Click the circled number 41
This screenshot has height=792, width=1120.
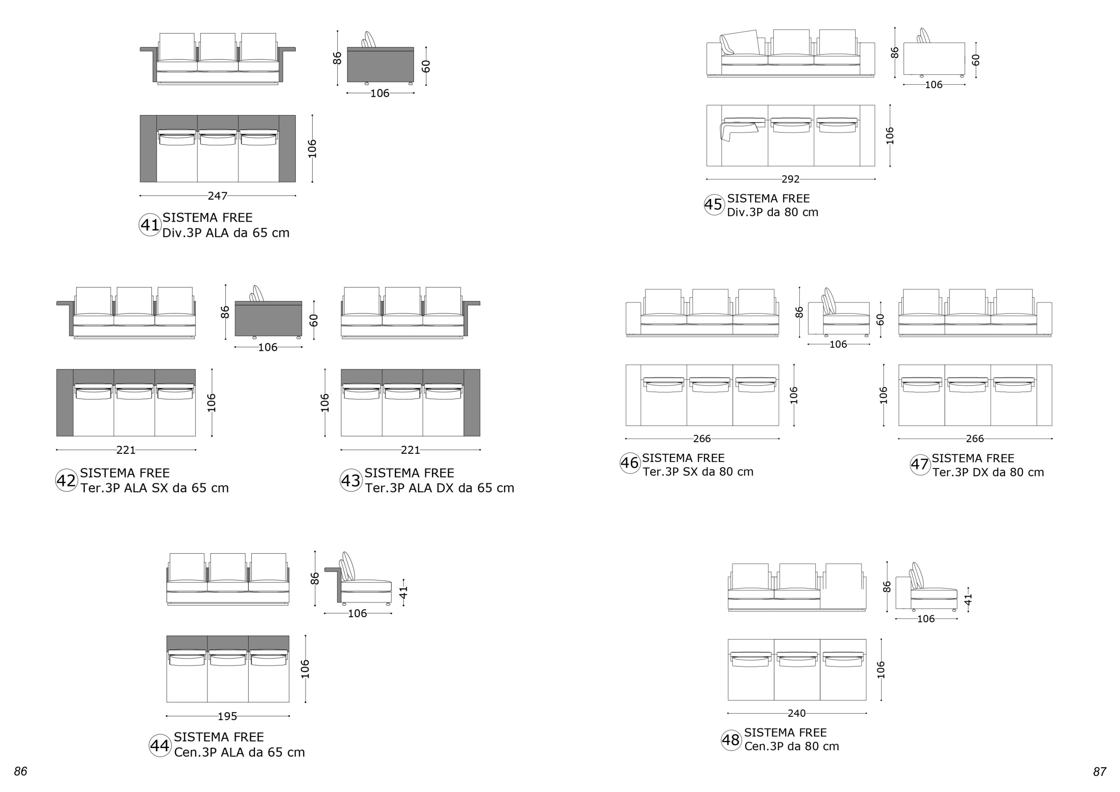coord(150,225)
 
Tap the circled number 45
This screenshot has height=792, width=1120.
coord(714,204)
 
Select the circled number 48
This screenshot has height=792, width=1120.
coord(731,740)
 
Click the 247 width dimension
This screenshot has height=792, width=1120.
coord(218,196)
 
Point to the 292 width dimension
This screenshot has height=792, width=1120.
coord(790,180)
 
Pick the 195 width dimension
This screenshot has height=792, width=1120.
coord(227,716)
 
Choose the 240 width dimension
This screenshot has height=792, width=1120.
coord(797,714)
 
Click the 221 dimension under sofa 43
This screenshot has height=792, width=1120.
coord(410,450)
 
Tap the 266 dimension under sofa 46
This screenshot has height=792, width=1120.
coord(702,439)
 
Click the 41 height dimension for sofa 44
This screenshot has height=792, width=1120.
coord(403,593)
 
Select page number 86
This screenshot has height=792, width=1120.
coord(21,771)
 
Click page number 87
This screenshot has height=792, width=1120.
coord(1099,771)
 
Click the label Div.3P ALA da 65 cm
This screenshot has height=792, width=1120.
coord(226,233)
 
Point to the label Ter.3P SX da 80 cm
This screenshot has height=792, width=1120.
coord(698,472)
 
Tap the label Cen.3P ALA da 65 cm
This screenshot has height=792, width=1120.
coord(240,753)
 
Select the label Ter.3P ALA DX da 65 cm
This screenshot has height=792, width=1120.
coord(439,488)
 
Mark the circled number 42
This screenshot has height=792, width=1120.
coord(66,481)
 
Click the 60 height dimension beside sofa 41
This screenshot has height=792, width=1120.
coord(426,66)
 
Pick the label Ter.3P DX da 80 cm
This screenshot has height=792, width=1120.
coord(988,473)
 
